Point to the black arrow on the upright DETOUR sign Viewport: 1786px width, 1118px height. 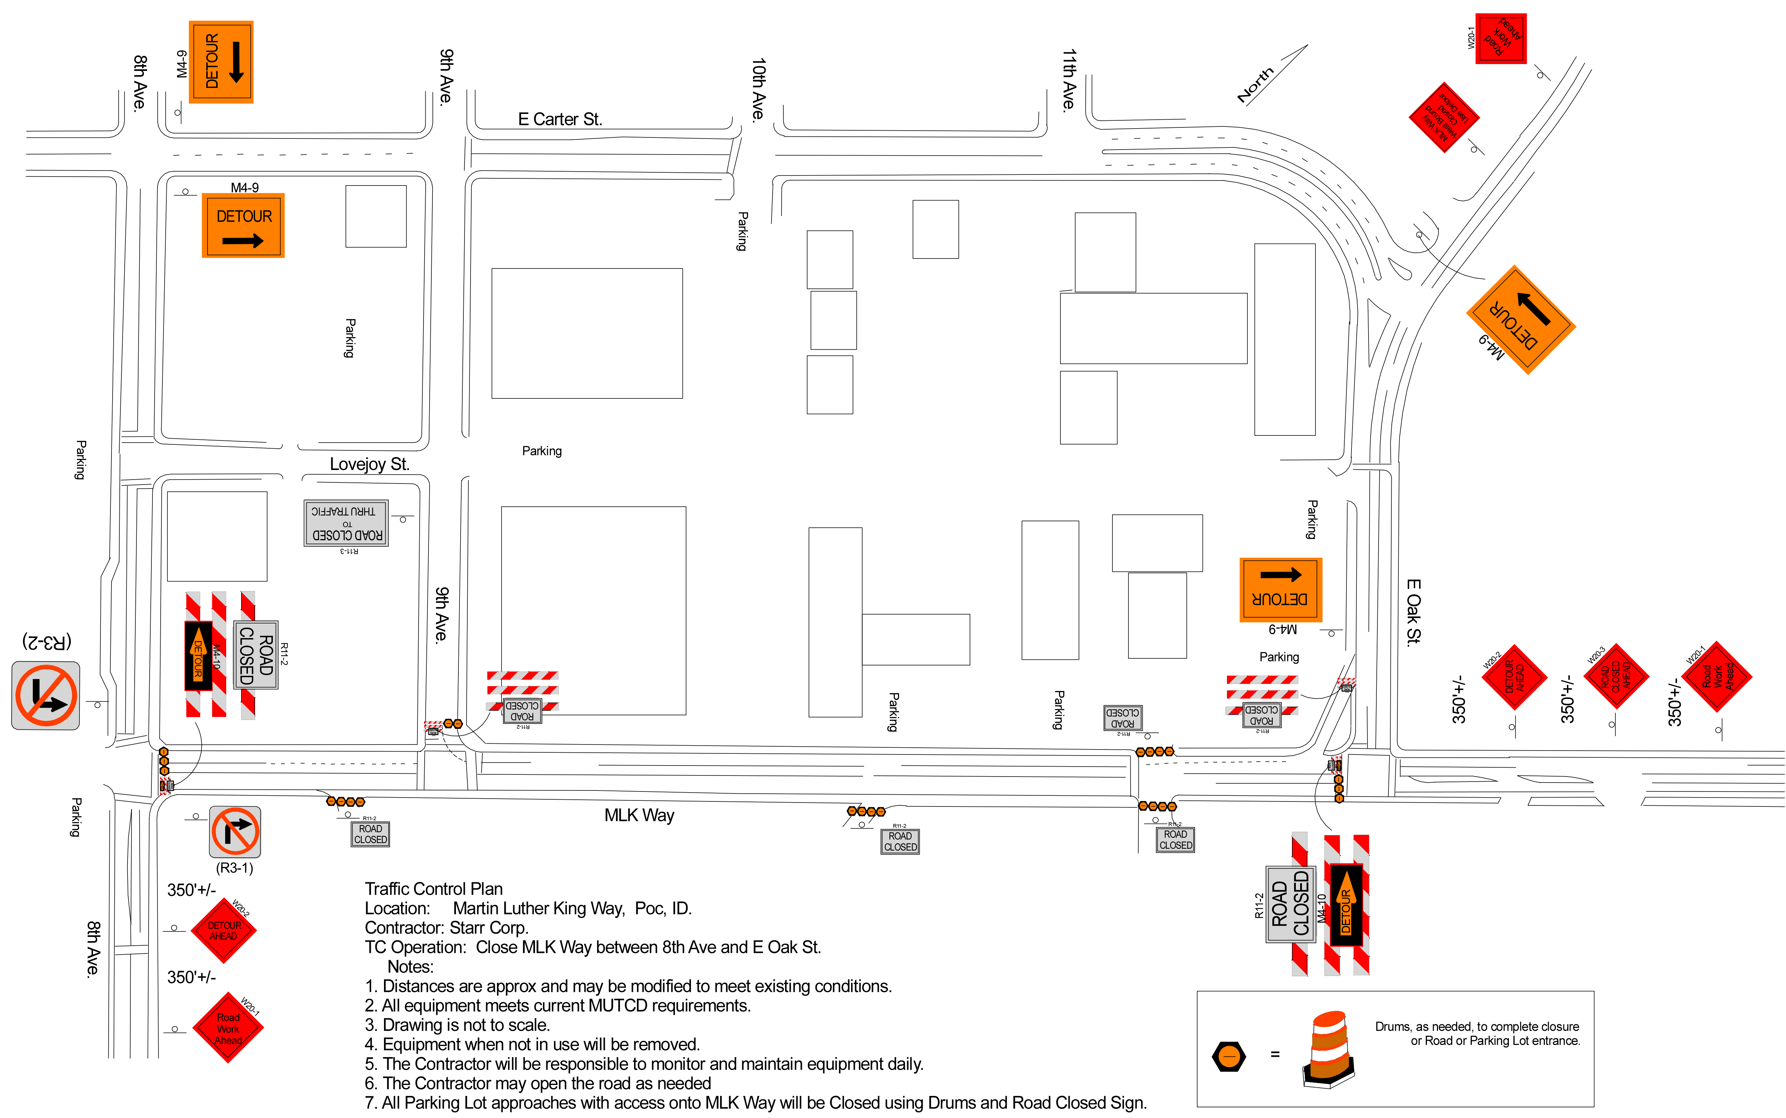[x=243, y=241]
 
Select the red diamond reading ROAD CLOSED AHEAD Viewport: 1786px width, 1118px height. [x=1616, y=676]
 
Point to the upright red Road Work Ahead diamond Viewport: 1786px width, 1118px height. [x=228, y=1028]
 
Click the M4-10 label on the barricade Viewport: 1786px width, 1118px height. [x=217, y=656]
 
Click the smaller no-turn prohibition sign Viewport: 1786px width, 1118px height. [x=235, y=832]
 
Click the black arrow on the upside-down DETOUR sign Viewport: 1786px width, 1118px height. [x=1280, y=575]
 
